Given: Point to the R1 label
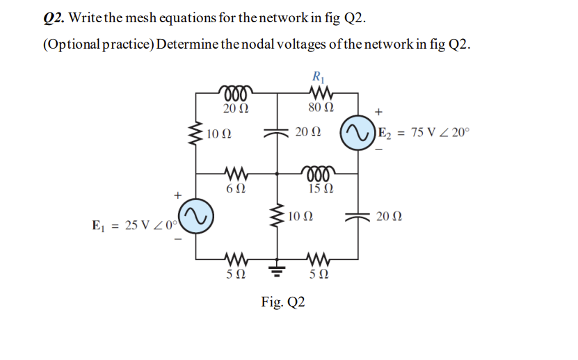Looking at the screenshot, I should tap(319, 76).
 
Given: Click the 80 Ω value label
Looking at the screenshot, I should tap(320, 108).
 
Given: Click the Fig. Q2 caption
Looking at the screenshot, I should tap(282, 302).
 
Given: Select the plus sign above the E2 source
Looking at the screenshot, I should tap(378, 111).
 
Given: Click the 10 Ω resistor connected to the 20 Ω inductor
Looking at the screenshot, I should tap(197, 133).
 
